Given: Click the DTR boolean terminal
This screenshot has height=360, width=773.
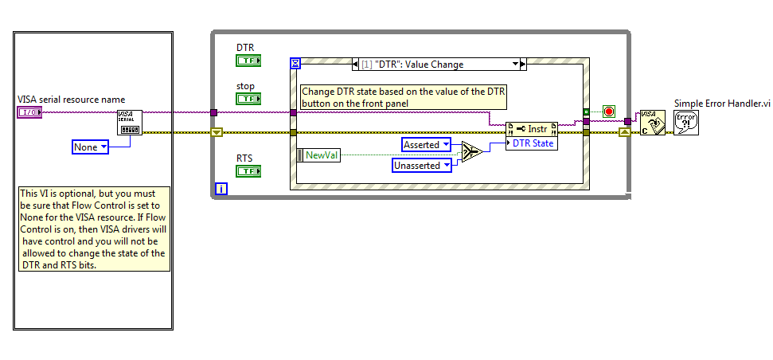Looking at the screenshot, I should click(248, 61).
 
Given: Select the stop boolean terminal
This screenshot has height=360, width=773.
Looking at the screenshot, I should click(248, 98).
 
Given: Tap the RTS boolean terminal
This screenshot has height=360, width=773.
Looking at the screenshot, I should click(248, 170).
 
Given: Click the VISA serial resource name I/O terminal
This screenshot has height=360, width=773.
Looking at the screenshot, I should click(28, 112).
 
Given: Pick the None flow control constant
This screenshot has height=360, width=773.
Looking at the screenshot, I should click(90, 147).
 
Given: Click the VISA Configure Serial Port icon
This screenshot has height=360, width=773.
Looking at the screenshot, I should click(130, 123).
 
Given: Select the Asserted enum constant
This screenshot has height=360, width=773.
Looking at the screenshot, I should click(426, 144).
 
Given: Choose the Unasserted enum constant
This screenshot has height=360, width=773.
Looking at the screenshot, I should click(422, 165).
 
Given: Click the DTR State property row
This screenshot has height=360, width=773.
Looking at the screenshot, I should click(533, 143).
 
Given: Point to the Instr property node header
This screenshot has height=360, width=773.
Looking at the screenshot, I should click(533, 129).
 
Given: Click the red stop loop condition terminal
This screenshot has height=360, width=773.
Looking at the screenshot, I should click(609, 111).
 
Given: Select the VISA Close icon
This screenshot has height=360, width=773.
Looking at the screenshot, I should click(652, 123).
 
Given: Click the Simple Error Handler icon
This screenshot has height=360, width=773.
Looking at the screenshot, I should click(685, 123).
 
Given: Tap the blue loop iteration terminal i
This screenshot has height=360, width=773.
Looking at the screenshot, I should click(221, 189).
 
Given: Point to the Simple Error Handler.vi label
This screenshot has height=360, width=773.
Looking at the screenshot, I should click(722, 104).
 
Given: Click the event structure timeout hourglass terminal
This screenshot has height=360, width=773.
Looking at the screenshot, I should click(295, 62).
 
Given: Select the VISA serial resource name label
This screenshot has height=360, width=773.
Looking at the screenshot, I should click(72, 100).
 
